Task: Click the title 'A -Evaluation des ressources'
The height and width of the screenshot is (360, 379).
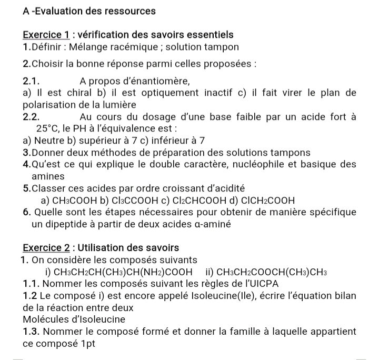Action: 89,11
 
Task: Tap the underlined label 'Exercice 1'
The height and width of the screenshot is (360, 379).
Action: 46,35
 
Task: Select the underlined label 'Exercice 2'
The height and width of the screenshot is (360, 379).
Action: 46,247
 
